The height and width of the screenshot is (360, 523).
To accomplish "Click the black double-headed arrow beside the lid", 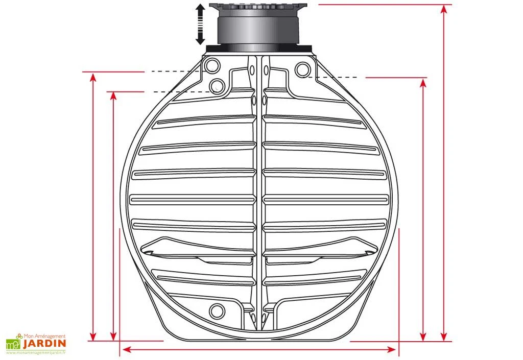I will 200,25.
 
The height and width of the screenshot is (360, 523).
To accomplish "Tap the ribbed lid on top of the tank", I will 259,8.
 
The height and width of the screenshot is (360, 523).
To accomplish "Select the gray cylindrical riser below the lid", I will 258,32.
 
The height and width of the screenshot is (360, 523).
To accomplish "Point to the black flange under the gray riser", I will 259,48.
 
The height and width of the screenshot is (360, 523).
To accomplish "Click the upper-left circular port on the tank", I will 211,65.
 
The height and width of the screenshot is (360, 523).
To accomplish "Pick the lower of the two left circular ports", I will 217,85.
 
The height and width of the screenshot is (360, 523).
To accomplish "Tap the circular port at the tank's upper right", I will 302,68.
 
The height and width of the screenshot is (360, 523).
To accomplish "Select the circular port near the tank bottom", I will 217,309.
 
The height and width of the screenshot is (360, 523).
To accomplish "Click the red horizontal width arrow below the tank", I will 259,350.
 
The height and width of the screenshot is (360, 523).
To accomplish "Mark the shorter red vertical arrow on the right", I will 423,209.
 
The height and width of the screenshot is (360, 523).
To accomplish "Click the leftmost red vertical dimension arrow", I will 93,206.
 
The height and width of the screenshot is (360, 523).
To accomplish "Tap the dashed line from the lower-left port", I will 181,92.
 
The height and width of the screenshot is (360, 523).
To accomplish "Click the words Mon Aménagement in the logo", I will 45,336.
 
